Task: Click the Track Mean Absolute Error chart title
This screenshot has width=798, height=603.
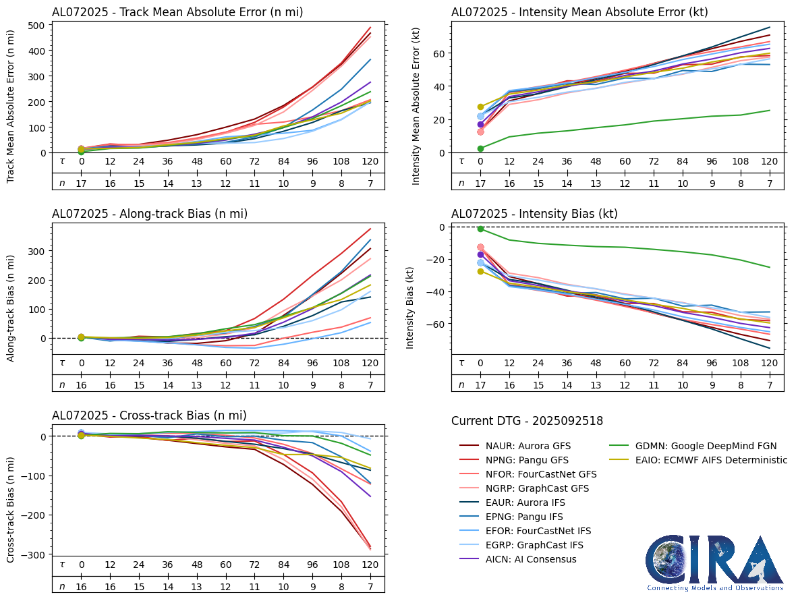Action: click(x=177, y=12)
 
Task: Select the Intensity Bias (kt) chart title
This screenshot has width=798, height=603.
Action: click(x=534, y=214)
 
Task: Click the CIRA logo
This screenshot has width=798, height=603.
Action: click(x=714, y=563)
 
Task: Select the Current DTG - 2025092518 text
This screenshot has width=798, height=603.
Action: click(x=527, y=421)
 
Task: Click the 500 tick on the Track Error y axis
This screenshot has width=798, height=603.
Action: click(x=37, y=26)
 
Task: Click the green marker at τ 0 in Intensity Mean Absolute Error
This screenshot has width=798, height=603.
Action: click(x=480, y=148)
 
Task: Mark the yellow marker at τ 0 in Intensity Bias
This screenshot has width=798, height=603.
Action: click(x=480, y=271)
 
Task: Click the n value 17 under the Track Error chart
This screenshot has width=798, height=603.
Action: click(x=81, y=183)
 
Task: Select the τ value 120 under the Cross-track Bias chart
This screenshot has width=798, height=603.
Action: click(x=370, y=565)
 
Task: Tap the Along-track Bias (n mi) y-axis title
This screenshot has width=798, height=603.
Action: click(x=11, y=308)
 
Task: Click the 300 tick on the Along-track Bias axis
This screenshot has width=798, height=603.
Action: click(x=37, y=251)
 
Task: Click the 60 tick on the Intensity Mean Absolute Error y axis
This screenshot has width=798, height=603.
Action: click(x=437, y=53)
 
